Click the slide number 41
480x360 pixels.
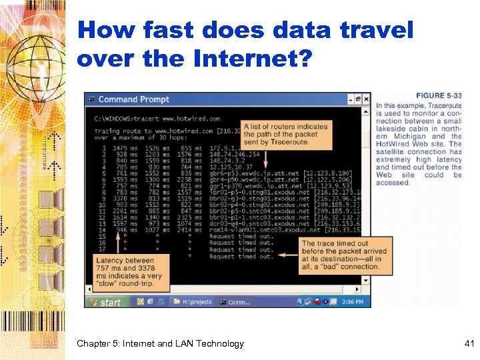(x=468, y=344)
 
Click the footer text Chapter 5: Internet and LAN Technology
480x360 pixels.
(x=160, y=344)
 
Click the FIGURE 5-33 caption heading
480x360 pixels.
(x=439, y=96)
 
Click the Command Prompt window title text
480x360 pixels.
(x=133, y=100)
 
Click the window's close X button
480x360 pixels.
(x=366, y=99)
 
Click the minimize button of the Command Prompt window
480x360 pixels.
(x=351, y=99)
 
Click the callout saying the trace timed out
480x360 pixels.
(x=340, y=255)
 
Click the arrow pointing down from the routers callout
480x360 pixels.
(x=266, y=158)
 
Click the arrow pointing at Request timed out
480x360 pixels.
(x=287, y=253)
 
